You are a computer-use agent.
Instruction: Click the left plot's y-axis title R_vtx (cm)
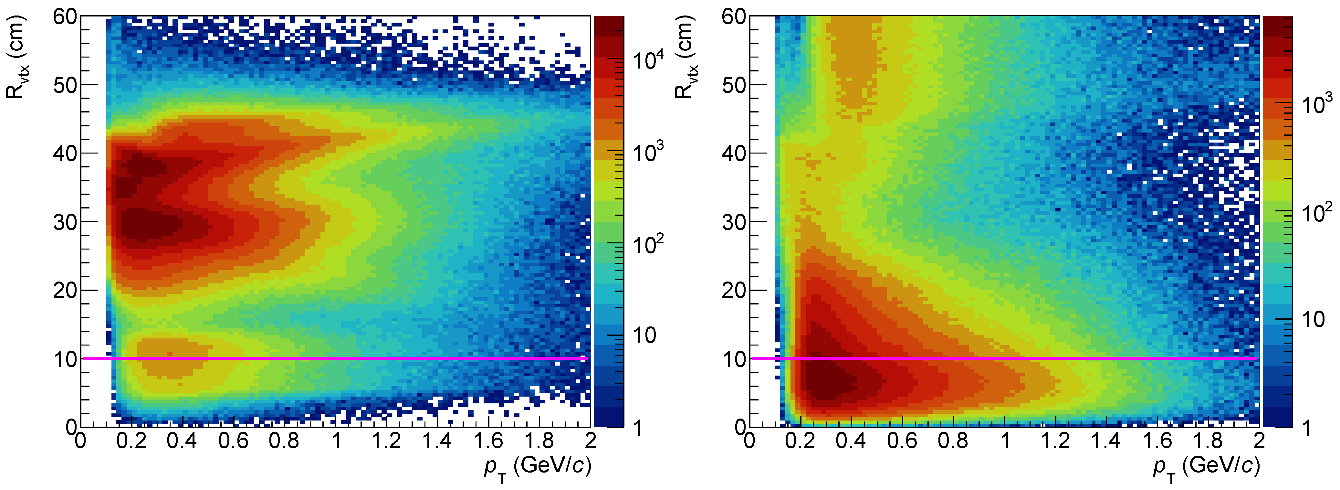[16, 57]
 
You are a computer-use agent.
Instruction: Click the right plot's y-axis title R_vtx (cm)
[684, 57]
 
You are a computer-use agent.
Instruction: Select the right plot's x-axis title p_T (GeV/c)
[1206, 467]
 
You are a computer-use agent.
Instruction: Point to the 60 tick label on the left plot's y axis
[65, 17]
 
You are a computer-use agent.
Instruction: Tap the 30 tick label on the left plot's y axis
[65, 222]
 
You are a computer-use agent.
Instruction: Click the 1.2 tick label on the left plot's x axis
[386, 441]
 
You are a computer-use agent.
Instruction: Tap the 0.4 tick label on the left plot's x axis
[182, 441]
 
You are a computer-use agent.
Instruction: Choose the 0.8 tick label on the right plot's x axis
[953, 441]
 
